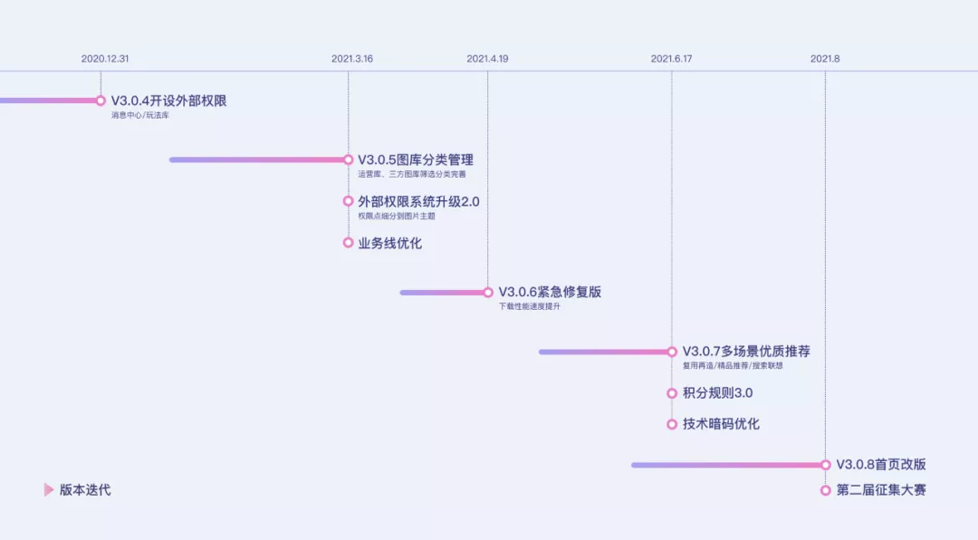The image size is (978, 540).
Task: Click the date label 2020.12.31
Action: [x=105, y=59]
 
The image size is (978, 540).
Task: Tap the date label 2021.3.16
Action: [x=352, y=59]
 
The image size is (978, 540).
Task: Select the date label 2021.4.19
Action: [x=487, y=59]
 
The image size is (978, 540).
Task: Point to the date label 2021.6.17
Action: [x=671, y=59]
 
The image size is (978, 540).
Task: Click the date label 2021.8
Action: [x=825, y=59]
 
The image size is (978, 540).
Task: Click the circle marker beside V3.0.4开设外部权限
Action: [x=101, y=101]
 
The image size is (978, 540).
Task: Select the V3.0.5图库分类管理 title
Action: [x=416, y=159]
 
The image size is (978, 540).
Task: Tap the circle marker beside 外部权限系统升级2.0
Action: [x=349, y=201]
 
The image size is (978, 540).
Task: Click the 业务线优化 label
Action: [x=389, y=243]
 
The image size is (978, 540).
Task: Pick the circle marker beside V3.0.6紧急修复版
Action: [x=488, y=293]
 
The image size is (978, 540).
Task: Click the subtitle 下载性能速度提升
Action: [x=530, y=307]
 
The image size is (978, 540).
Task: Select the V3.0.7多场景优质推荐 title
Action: [x=746, y=352]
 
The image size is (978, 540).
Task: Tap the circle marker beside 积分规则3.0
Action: [x=672, y=393]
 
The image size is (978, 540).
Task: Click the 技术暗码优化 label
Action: [x=721, y=424]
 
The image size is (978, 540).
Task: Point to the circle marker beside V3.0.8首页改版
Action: [x=826, y=465]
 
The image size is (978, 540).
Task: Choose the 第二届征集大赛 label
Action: [x=881, y=490]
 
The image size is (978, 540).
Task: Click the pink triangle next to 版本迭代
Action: [x=49, y=490]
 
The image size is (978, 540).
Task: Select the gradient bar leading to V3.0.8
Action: [x=724, y=465]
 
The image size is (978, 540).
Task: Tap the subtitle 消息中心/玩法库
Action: [x=140, y=115]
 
